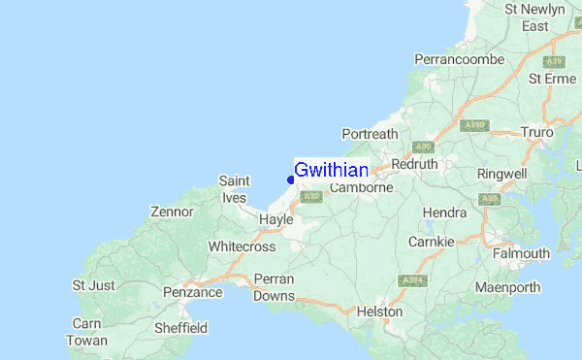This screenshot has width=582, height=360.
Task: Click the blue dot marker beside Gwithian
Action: click(291, 179)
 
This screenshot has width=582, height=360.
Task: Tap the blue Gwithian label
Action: click(331, 170)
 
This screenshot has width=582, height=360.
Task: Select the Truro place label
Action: click(536, 131)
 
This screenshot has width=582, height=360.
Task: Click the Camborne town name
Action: click(361, 187)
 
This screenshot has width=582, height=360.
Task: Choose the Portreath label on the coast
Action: click(370, 134)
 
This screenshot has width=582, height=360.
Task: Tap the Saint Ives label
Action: click(235, 188)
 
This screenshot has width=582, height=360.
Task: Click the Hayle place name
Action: click(275, 220)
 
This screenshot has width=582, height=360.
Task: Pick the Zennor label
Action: click(173, 212)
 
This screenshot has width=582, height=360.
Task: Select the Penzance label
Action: click(192, 291)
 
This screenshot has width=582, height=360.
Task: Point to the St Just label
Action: click(94, 285)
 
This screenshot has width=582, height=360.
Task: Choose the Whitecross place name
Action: click(242, 246)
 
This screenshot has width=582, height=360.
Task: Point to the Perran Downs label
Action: click(274, 287)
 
